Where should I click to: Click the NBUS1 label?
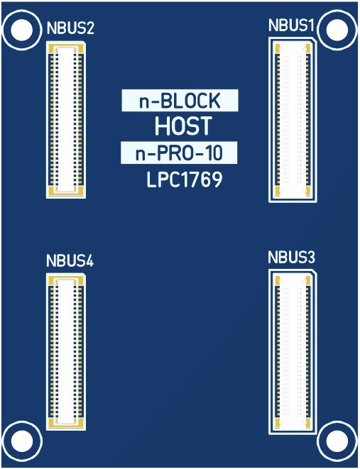click(291, 26)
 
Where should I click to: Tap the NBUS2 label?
click(70, 28)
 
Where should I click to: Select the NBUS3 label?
click(291, 258)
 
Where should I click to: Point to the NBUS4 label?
click(70, 260)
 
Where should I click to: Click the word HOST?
click(183, 126)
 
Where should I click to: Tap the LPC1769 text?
click(185, 180)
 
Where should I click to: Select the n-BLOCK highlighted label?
click(180, 101)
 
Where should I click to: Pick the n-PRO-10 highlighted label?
click(179, 153)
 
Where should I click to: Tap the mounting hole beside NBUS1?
click(337, 30)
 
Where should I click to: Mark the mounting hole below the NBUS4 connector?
click(21, 441)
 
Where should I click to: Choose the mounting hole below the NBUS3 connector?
click(337, 441)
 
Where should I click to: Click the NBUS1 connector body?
click(293, 120)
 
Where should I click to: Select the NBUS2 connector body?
click(66, 120)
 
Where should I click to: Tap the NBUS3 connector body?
click(293, 352)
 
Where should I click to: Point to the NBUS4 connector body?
click(66, 352)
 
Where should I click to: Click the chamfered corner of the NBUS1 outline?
click(315, 40)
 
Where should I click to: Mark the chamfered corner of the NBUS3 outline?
click(315, 272)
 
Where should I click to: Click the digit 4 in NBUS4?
click(89, 260)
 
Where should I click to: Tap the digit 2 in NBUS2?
click(89, 28)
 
